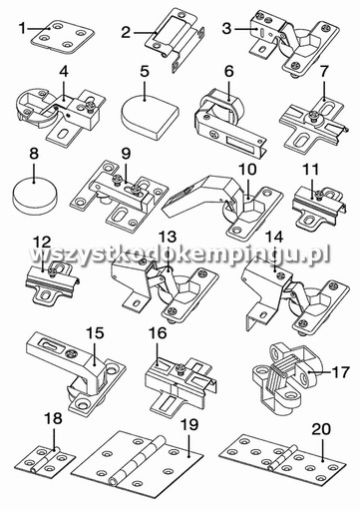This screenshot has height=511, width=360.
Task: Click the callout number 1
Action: (22, 29)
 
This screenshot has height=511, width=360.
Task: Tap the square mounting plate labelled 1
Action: (63, 36)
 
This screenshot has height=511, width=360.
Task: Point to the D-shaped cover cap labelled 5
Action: (150, 116)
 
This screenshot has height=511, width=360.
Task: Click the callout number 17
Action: (341, 372)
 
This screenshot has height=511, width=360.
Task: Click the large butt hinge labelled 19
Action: (138, 464)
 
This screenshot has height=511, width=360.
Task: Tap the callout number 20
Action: (321, 429)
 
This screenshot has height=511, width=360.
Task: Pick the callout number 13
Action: (168, 237)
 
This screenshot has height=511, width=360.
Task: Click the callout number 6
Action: (229, 72)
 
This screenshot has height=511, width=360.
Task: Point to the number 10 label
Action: (247, 170)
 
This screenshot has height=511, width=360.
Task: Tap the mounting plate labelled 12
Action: (53, 282)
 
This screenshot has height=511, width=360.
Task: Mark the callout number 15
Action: (95, 333)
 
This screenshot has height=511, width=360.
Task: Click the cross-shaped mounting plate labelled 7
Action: (312, 122)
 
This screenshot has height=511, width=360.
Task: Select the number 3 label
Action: (226, 29)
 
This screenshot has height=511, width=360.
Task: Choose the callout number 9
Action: (126, 154)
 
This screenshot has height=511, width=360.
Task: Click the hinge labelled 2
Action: (173, 37)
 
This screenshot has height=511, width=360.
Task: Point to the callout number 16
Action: (158, 333)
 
